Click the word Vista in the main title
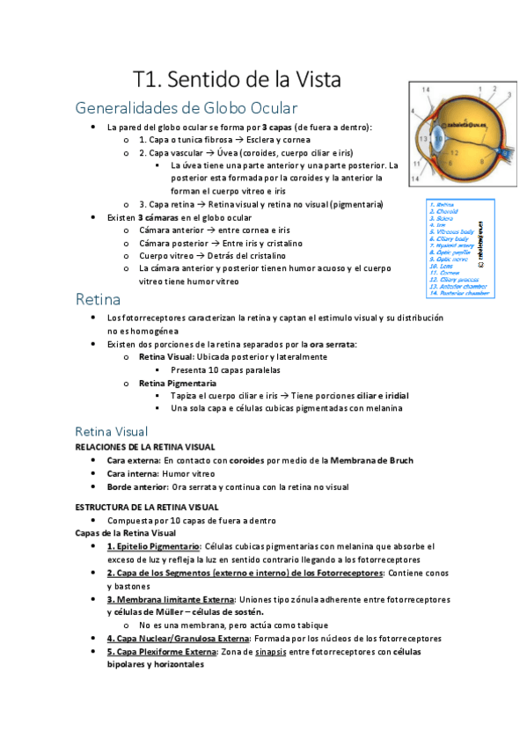pyautogui.click(x=311, y=79)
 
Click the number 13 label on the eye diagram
pyautogui.click(x=424, y=138)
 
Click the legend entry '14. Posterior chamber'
pyautogui.click(x=459, y=294)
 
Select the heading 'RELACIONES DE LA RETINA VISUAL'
pyautogui.click(x=145, y=447)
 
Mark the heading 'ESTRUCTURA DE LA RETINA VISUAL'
pyautogui.click(x=146, y=507)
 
